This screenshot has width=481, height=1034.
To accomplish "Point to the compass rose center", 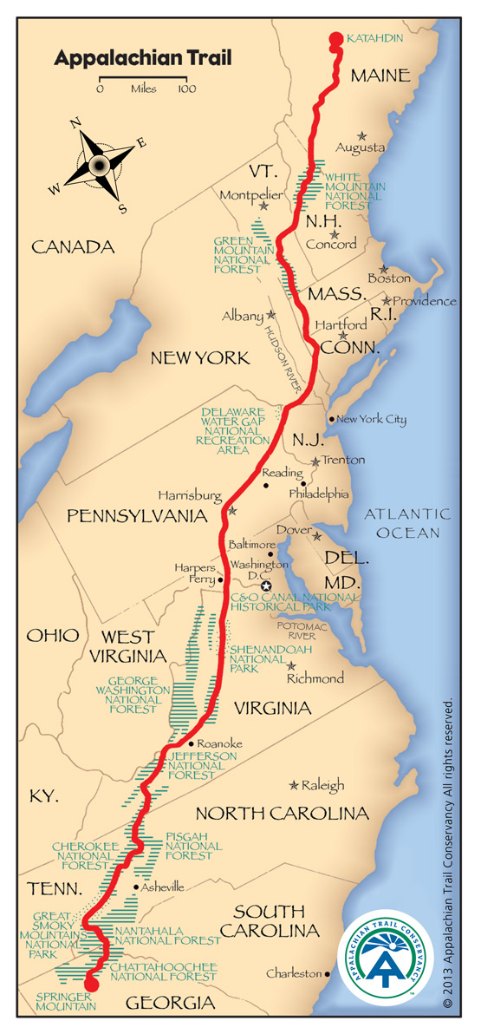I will [x=98, y=162].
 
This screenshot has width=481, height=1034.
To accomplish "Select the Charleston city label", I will [x=294, y=973].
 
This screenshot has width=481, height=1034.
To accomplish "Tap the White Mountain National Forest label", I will [x=355, y=187].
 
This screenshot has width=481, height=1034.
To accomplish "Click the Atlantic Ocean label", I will [x=401, y=523].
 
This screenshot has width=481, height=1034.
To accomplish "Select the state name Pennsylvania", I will [x=139, y=516].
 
